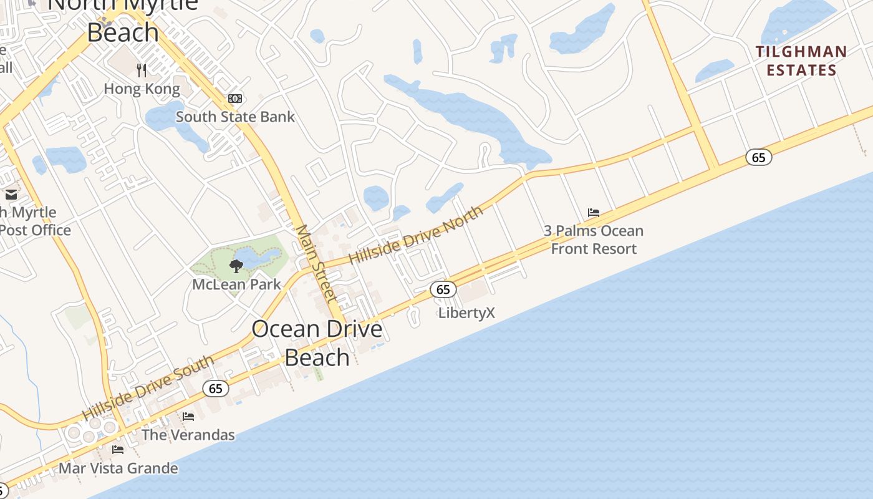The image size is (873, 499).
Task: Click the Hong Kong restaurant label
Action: (x=142, y=89)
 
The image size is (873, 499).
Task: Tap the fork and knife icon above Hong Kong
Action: (x=142, y=69)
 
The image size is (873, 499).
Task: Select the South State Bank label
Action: (x=235, y=117)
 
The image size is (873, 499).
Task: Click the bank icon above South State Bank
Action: (x=235, y=99)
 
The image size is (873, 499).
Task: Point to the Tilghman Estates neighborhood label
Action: (x=801, y=61)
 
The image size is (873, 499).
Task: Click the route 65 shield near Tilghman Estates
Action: (x=758, y=157)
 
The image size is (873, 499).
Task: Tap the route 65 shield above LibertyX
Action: (x=443, y=289)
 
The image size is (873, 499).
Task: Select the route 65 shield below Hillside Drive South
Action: (x=215, y=389)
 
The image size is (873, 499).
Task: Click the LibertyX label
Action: (x=466, y=312)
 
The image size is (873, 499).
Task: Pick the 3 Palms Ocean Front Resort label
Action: (x=594, y=240)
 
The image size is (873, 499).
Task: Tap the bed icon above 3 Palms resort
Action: (x=594, y=213)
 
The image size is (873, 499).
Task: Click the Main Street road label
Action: (x=316, y=263)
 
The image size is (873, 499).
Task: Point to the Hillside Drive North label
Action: (x=416, y=235)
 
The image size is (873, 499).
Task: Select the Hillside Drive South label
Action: (x=148, y=387)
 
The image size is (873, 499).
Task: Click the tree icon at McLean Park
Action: (x=236, y=266)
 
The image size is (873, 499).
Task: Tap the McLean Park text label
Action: (x=236, y=284)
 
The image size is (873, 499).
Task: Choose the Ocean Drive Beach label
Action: (x=317, y=342)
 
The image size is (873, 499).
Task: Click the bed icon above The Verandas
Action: (x=188, y=417)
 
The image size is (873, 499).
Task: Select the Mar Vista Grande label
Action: (x=118, y=468)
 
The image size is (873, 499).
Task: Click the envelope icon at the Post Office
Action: (x=11, y=195)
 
